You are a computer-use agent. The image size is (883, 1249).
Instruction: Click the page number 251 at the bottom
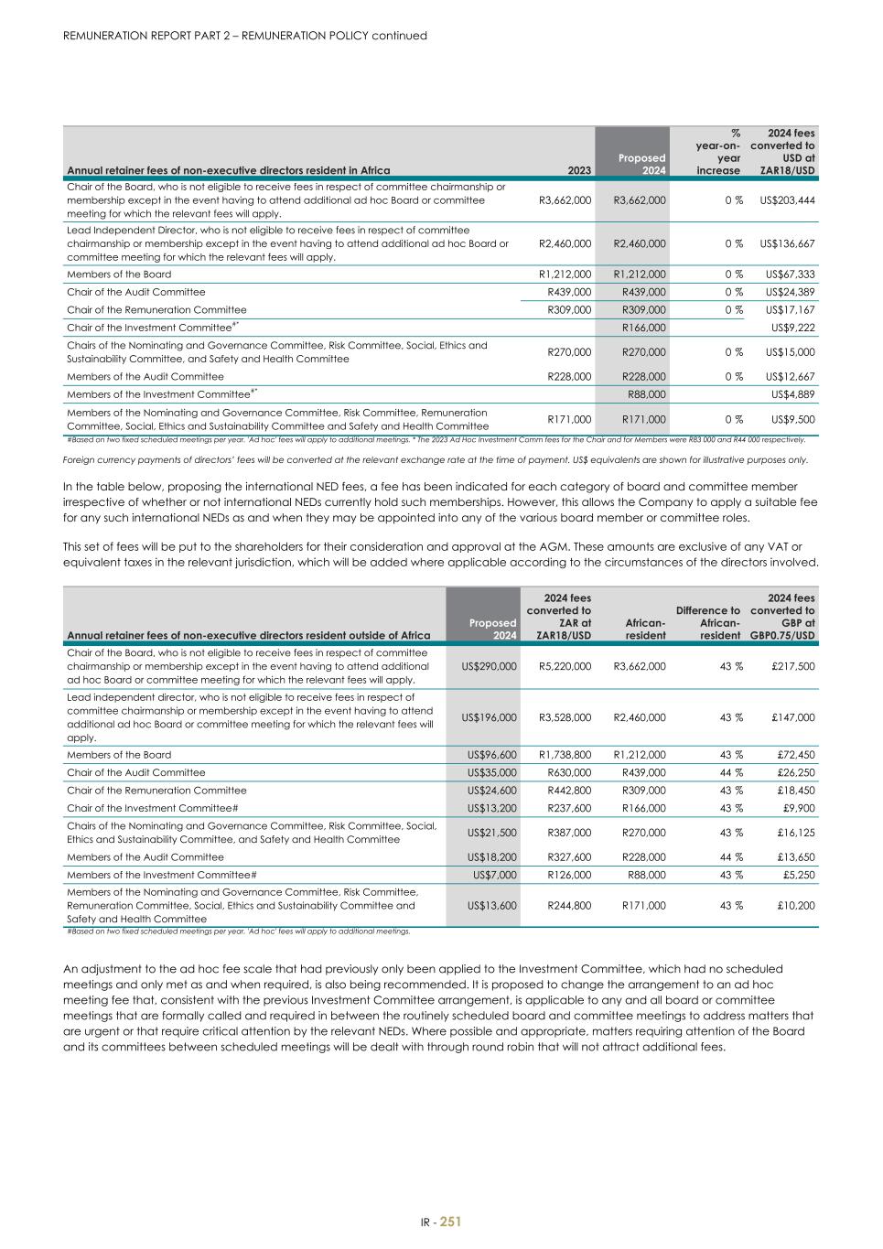click(450, 1222)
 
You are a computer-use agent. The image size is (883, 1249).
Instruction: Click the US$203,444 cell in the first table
click(787, 199)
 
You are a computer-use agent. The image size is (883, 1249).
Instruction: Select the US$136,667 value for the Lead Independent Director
click(787, 243)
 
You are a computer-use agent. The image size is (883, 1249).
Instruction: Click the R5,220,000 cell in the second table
click(564, 666)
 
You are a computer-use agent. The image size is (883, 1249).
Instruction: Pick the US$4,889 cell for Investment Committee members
click(792, 394)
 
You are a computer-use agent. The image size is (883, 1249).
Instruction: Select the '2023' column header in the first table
click(579, 170)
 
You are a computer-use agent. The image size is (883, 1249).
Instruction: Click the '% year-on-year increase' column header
click(718, 152)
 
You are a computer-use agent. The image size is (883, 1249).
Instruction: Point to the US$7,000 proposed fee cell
click(494, 875)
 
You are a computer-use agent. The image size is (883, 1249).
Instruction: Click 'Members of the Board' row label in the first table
click(119, 275)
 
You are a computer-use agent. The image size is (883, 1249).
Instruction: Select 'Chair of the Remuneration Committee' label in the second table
click(156, 791)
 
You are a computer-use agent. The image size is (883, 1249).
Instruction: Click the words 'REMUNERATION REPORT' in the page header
click(132, 36)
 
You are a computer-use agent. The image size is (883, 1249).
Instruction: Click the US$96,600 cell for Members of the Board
click(491, 755)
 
